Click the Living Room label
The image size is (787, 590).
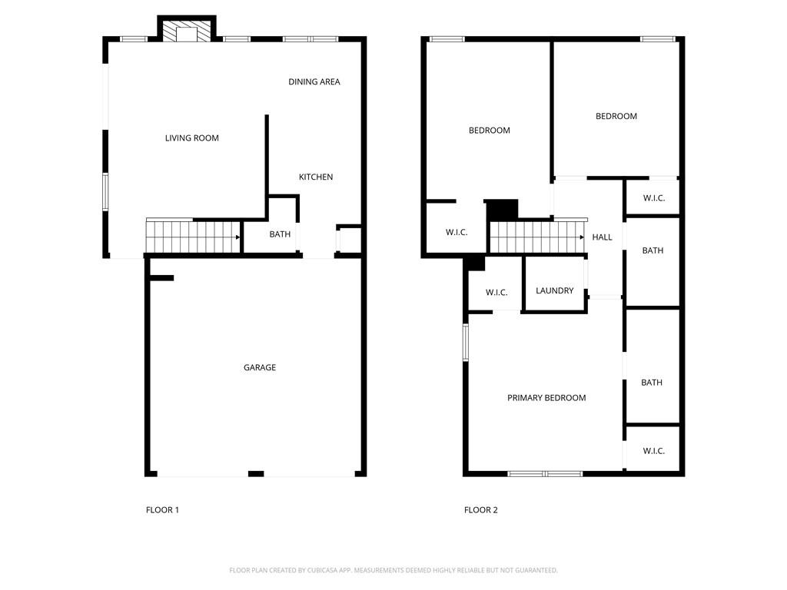[x=191, y=138]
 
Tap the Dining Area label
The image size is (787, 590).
[x=314, y=81]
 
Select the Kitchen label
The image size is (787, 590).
[x=315, y=177]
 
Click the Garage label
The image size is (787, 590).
[x=259, y=367]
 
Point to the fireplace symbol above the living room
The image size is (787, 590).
[x=187, y=31]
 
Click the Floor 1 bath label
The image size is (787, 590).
[x=280, y=234]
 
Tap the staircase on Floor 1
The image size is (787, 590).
[x=192, y=237]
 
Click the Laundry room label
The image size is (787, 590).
[x=554, y=290]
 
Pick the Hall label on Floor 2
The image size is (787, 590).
[x=602, y=237]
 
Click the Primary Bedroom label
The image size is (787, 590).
[x=546, y=398]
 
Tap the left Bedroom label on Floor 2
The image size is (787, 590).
[x=489, y=131]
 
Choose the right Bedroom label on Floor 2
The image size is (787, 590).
[x=616, y=116]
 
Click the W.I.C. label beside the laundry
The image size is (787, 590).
[x=496, y=293]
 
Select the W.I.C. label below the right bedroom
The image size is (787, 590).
[x=653, y=198]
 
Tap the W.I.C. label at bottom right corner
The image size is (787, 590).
[x=653, y=451]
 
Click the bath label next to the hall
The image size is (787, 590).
[x=653, y=250]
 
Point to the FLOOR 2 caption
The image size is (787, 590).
[x=480, y=510]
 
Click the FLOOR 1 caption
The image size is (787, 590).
[x=162, y=510]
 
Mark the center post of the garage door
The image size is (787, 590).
[x=256, y=473]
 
